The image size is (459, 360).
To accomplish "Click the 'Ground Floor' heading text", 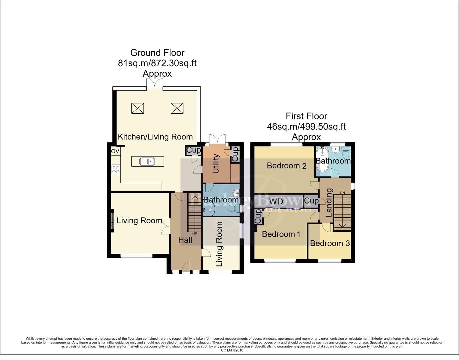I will pyautogui.click(x=157, y=53).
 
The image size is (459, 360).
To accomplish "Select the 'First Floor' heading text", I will pyautogui.click(x=306, y=116).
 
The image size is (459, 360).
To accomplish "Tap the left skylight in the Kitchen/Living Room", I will pyautogui.click(x=137, y=108).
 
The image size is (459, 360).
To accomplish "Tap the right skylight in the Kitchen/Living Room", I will pyautogui.click(x=177, y=108).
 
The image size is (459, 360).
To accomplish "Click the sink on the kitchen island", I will pyautogui.click(x=147, y=162).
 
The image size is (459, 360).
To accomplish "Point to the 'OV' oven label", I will pyautogui.click(x=115, y=151).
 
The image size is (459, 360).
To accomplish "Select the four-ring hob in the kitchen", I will pyautogui.click(x=116, y=169).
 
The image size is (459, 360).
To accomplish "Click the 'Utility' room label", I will pyautogui.click(x=216, y=164).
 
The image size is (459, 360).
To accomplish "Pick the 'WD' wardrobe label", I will pyautogui.click(x=276, y=201).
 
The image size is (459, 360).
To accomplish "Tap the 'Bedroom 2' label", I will pyautogui.click(x=287, y=166).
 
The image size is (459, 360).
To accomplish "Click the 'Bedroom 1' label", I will pyautogui.click(x=281, y=234).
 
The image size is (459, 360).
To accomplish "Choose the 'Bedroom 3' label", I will pyautogui.click(x=330, y=243).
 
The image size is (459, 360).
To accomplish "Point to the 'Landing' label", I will pyautogui.click(x=329, y=203).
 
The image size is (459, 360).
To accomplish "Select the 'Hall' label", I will pyautogui.click(x=185, y=240).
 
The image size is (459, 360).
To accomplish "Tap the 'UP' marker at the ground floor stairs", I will pyautogui.click(x=195, y=234).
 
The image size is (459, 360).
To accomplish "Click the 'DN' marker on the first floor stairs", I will pyautogui.click(x=342, y=193).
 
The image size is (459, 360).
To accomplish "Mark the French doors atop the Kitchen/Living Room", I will pyautogui.click(x=155, y=83).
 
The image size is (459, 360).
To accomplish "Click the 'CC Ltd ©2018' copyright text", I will pyautogui.click(x=232, y=350).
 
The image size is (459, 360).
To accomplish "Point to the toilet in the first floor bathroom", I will pyautogui.click(x=346, y=154).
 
